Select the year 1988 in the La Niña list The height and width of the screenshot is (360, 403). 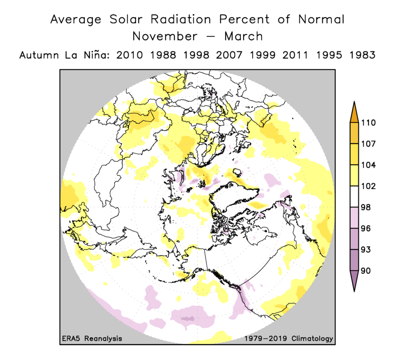pos(163,55)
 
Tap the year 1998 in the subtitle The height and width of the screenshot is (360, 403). pos(196,55)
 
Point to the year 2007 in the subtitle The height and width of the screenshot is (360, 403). pos(230,55)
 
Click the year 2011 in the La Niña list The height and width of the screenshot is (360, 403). pos(296,55)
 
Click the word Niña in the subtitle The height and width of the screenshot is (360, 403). pos(90,55)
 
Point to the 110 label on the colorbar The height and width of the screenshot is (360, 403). pos(368,122)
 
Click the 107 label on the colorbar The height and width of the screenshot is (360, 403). pos(368,144)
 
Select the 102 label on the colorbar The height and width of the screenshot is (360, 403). pos(368,186)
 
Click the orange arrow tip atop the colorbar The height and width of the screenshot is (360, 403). pos(354,108)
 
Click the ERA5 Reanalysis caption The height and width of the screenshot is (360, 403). pos(92,338)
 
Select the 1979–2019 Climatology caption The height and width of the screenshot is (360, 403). pos(288,338)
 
